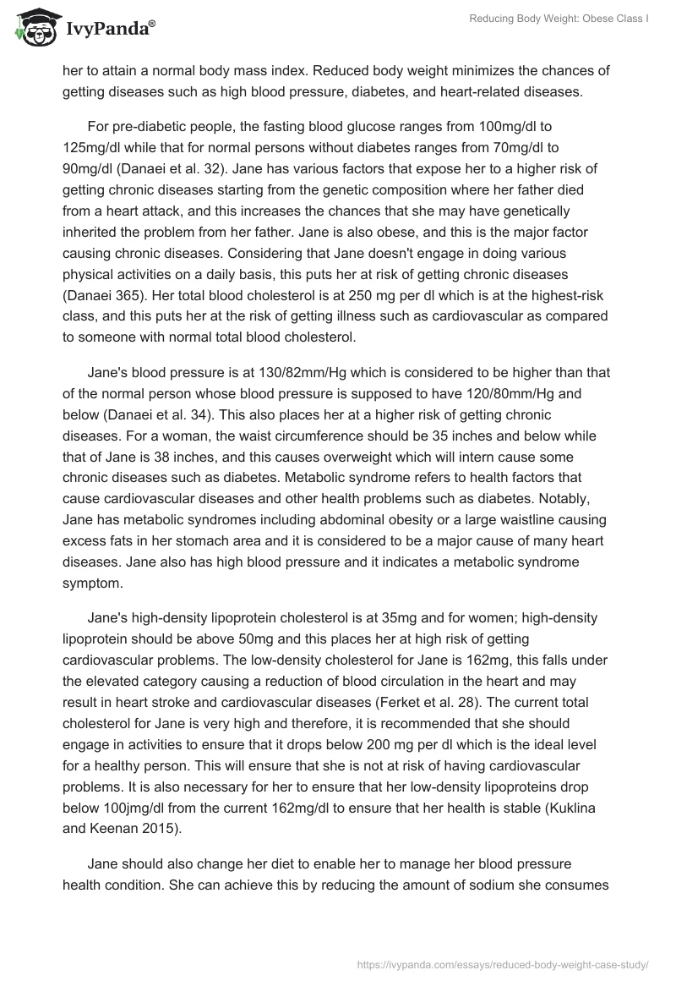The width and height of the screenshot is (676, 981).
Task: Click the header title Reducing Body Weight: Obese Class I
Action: click(560, 18)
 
